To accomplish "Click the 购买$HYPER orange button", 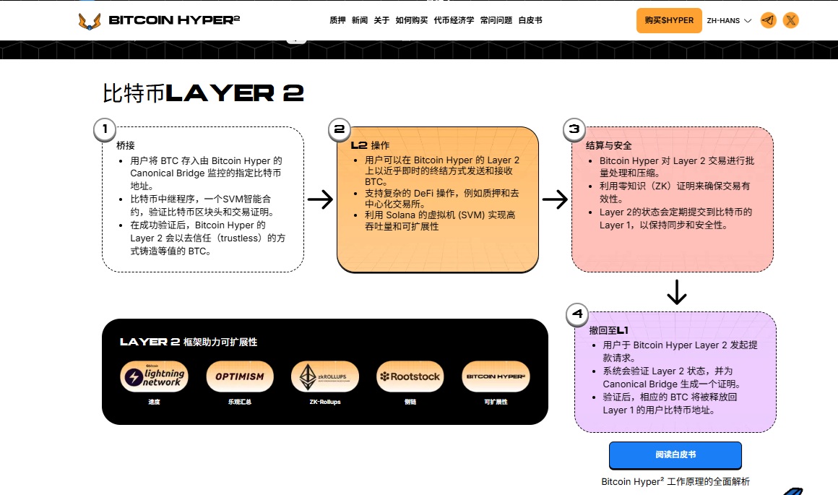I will (669, 20).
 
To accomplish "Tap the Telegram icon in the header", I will (768, 20).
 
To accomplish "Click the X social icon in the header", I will (791, 20).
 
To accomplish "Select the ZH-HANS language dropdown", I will (729, 20).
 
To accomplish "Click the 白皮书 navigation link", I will (530, 20).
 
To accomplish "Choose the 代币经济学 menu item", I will (454, 20).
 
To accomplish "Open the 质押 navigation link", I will (337, 20).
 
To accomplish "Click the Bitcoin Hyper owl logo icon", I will (90, 20).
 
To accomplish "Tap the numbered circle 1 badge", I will (105, 129).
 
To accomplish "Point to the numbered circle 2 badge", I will (340, 129).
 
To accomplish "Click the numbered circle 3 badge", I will (574, 129).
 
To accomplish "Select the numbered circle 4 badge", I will (576, 314).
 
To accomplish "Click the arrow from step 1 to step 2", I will (320, 199).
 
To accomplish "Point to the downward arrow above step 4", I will (676, 291).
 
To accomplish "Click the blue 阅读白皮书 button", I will (675, 455).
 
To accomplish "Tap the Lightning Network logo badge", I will (154, 376).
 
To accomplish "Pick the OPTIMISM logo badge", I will (240, 376).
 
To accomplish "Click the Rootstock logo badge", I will (410, 376).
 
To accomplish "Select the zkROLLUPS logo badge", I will (324, 376).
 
